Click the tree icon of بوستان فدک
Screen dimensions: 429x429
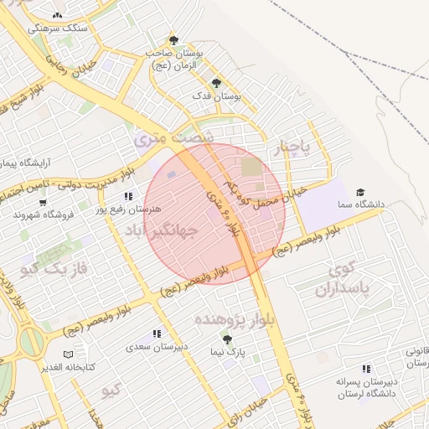216,83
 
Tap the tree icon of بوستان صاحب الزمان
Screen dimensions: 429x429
173,39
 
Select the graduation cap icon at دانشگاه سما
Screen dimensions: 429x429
360,192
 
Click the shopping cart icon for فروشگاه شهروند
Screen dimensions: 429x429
43,202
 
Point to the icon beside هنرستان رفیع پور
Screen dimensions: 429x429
128,196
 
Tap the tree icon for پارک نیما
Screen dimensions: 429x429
227,339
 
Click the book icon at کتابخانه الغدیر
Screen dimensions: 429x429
69,355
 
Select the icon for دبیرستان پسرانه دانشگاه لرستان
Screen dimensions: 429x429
365,369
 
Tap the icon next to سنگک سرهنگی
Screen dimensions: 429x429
57,16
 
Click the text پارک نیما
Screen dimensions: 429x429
227,352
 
